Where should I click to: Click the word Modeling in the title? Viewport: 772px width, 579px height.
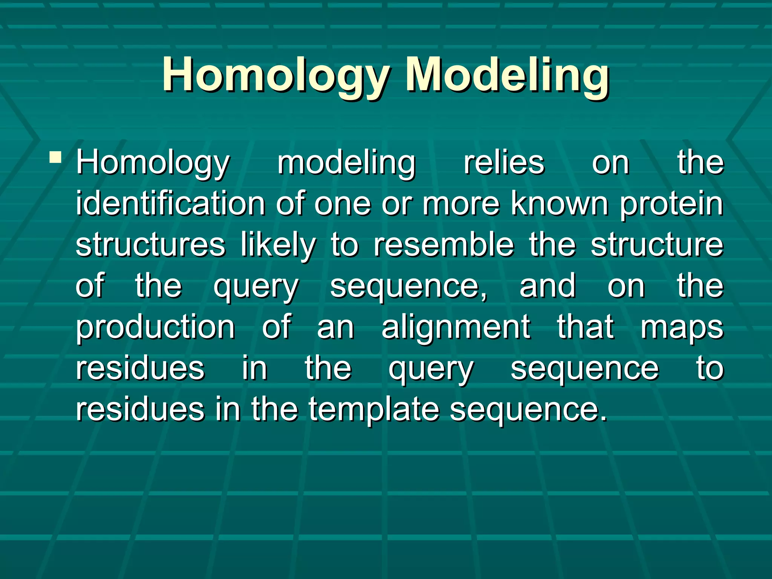pos(507,75)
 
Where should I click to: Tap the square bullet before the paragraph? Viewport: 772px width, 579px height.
pos(55,157)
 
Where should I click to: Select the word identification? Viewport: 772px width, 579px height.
pos(170,204)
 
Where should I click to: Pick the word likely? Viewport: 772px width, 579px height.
pos(278,246)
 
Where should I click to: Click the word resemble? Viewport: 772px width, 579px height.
pos(444,245)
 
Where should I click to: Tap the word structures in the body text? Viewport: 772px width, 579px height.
pos(150,245)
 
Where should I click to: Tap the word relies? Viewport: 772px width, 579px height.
pos(504,163)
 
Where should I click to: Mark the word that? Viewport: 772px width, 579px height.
pos(585,327)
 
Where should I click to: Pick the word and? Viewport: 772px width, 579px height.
pos(547,286)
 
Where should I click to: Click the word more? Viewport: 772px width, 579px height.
pos(461,204)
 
